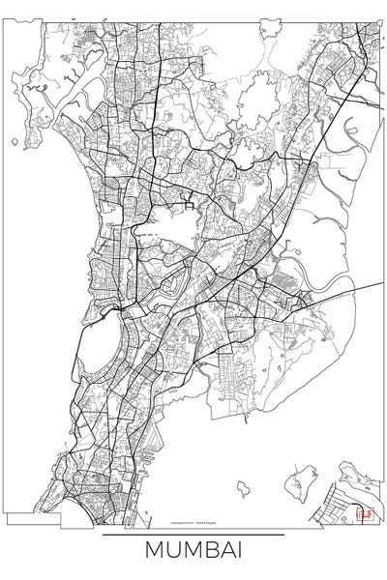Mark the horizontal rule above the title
(x=193, y=535)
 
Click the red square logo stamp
(x=366, y=514)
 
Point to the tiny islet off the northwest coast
(x=13, y=145)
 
